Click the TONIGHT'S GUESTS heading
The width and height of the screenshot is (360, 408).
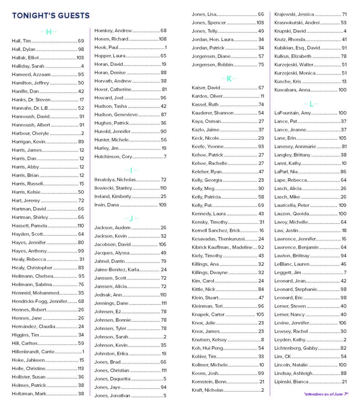[51, 16]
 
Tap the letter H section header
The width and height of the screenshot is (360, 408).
[49, 32]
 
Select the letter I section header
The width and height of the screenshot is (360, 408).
[131, 171]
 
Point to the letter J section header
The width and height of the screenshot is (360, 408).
[131, 218]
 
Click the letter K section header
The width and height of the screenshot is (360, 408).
[229, 78]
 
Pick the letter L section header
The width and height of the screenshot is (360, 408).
[311, 104]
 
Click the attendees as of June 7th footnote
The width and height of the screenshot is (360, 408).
[326, 394]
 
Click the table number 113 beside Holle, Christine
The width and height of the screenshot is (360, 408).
[81, 369]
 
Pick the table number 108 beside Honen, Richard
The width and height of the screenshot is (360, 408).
[162, 39]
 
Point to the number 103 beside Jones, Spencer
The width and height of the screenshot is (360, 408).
[260, 23]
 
